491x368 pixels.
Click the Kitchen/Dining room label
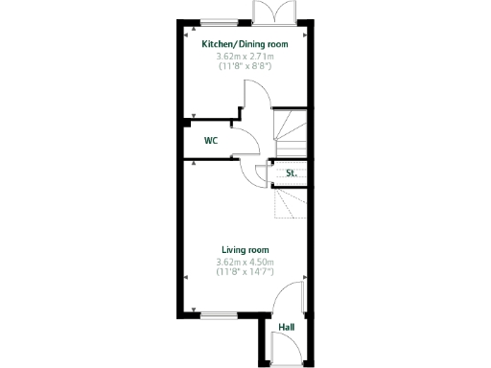coord(245,44)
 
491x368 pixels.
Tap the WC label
coord(210,141)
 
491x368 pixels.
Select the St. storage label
coord(290,173)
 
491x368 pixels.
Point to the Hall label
coord(286,328)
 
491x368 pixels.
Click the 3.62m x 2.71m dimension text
coord(245,57)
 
